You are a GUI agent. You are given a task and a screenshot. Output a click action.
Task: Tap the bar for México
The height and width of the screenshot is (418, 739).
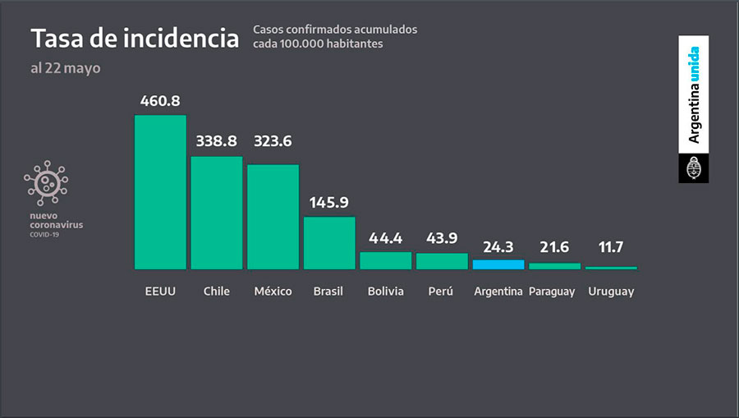[x=273, y=216]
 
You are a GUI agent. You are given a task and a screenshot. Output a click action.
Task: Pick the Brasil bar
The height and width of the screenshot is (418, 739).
[x=329, y=242]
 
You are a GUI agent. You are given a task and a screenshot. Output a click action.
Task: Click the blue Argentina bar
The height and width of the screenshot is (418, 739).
[x=498, y=264]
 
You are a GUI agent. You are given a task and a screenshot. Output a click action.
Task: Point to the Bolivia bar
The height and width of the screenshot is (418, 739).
[x=386, y=260]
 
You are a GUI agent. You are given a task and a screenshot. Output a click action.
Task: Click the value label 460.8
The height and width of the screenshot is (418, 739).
[x=160, y=102]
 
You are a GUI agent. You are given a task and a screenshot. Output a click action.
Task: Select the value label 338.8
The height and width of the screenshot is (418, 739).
[x=217, y=142]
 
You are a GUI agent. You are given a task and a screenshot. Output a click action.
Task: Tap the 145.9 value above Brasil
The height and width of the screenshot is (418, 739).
[x=329, y=203]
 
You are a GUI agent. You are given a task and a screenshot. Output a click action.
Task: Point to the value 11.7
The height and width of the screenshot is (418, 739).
[x=612, y=246]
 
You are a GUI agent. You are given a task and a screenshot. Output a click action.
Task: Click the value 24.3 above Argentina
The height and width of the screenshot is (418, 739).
[x=498, y=246]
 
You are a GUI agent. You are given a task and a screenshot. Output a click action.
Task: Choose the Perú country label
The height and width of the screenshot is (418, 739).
[x=442, y=292]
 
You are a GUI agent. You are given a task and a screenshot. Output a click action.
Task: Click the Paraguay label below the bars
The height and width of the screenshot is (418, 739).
[x=552, y=292]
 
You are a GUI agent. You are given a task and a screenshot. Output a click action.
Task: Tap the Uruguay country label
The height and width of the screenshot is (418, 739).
[x=612, y=292]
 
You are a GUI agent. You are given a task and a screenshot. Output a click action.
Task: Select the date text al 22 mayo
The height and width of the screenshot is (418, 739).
[x=66, y=68]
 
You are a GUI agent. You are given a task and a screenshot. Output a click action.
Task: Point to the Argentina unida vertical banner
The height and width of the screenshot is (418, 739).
[x=694, y=94]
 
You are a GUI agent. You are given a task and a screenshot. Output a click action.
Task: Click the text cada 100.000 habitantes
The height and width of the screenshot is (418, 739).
[x=318, y=44]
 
